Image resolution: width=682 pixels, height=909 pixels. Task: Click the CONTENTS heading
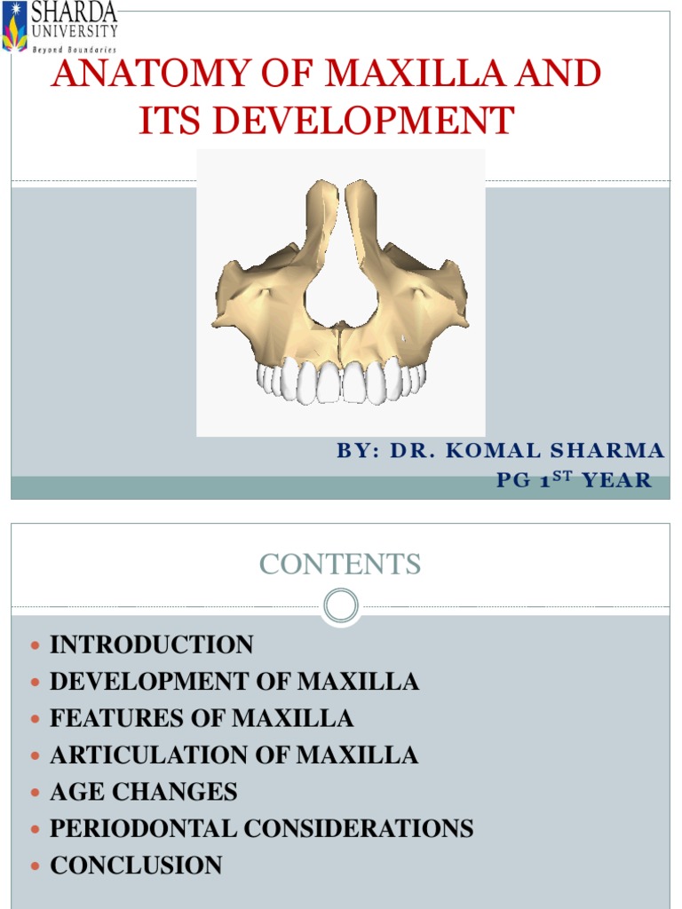(x=341, y=564)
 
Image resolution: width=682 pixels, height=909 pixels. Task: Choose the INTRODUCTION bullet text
(x=151, y=645)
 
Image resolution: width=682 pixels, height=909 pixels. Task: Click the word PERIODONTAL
(x=143, y=828)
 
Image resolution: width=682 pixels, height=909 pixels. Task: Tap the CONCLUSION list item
(x=136, y=866)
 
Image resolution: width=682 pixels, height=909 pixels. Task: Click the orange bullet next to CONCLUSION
(x=36, y=866)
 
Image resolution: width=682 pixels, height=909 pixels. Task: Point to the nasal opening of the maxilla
(x=342, y=284)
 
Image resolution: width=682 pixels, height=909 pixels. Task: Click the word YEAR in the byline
(x=620, y=481)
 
